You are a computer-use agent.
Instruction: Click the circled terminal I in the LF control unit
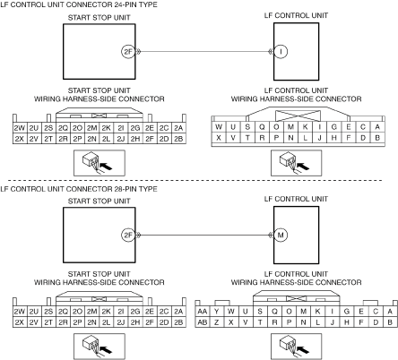[x=281, y=52]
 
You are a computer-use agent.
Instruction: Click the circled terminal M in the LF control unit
[x=281, y=235]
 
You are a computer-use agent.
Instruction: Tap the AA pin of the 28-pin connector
[x=203, y=312]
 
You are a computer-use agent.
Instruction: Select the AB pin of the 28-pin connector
[x=203, y=322]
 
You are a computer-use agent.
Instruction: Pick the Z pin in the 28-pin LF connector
[x=217, y=322]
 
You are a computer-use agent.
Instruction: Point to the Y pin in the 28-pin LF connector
[x=217, y=312]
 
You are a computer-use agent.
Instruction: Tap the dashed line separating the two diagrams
[x=195, y=180]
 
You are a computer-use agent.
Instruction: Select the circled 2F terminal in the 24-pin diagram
[x=128, y=52]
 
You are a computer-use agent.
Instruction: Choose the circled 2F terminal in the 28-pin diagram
[x=128, y=235]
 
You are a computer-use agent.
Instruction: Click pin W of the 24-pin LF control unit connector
[x=219, y=127]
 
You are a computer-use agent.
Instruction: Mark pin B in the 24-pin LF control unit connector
[x=377, y=138]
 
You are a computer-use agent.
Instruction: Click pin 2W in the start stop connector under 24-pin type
[x=20, y=128]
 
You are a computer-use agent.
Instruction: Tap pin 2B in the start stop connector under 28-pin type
[x=178, y=322]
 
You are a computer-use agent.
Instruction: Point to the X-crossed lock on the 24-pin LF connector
[x=298, y=116]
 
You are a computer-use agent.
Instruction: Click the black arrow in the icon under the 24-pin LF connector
[x=303, y=166]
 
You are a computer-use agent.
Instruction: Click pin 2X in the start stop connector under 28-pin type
[x=20, y=322]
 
